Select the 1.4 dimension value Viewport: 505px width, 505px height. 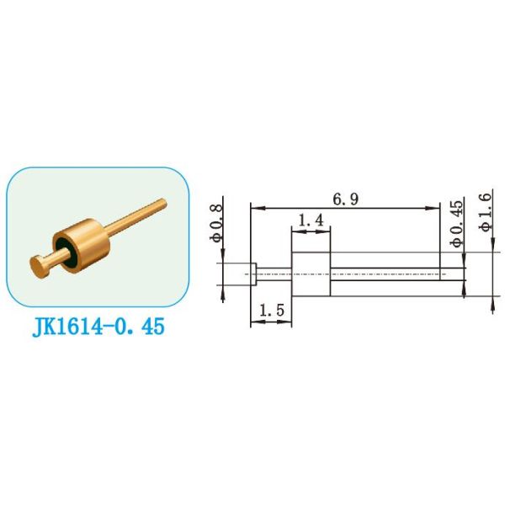[x=310, y=219]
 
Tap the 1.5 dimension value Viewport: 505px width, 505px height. [x=271, y=311]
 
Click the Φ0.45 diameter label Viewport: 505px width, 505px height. [x=456, y=223]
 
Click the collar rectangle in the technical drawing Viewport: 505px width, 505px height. [x=310, y=273]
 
